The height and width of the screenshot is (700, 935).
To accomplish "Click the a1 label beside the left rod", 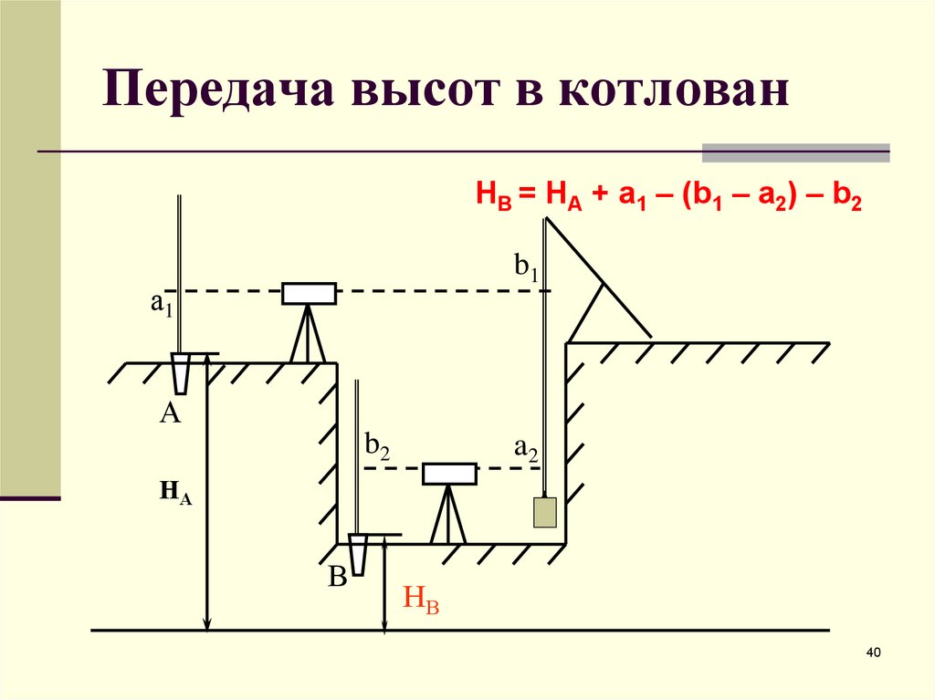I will pos(162,304).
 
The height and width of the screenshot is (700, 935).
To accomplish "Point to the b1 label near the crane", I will pos(527,266).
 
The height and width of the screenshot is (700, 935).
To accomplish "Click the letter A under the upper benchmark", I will pos(170,415).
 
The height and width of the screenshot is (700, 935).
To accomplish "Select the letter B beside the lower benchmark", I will pos(338,577).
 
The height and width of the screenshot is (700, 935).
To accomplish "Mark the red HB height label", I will pos(421,601).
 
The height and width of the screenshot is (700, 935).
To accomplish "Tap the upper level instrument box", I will pos(309,293).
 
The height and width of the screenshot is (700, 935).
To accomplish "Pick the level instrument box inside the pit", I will pos(449,474).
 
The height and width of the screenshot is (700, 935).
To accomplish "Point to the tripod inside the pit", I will pos(449,515).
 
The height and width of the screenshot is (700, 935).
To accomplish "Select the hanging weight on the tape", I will pos(545,512).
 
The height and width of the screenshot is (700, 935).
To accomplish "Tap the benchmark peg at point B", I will pos(358,553).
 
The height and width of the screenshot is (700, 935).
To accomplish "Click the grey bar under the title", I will pos(795,152).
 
